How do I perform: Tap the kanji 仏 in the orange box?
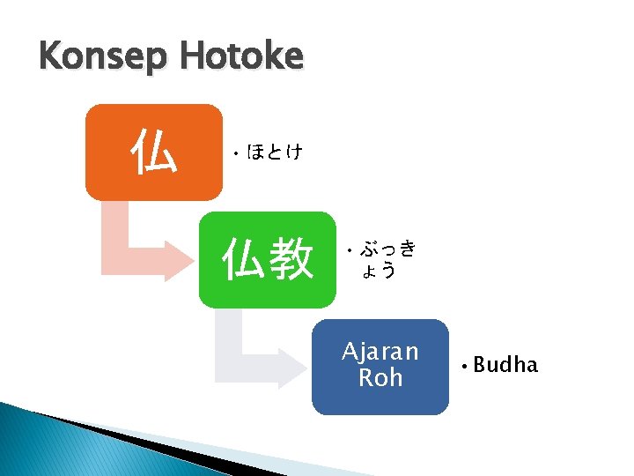tap(153, 152)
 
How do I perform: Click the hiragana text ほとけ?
tap(275, 152)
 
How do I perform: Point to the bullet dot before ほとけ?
tap(236, 153)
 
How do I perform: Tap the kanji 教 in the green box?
tap(291, 260)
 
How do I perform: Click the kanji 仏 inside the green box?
tap(244, 260)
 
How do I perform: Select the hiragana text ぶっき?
tap(387, 249)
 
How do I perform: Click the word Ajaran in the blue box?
tap(380, 353)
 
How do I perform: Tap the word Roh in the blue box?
tap(380, 378)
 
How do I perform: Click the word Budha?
tap(505, 365)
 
